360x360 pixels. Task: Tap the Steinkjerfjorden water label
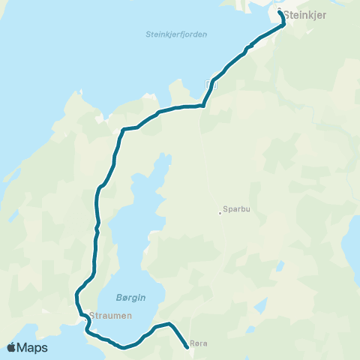[x=175, y=34]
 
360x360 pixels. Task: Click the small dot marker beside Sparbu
[x=220, y=212]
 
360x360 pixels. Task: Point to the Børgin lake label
[x=131, y=297]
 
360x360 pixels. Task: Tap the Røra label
[x=199, y=343]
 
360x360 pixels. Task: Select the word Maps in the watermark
[x=32, y=347]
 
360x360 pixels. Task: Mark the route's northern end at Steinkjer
[x=280, y=13]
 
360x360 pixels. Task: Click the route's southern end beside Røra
[x=187, y=347]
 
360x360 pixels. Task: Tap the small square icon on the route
[x=209, y=85]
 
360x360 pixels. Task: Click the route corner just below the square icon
[x=204, y=105]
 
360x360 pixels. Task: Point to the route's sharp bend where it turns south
[x=122, y=129]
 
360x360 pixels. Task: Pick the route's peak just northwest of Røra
[x=170, y=324]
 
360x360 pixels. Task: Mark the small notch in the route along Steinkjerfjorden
[x=247, y=49]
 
